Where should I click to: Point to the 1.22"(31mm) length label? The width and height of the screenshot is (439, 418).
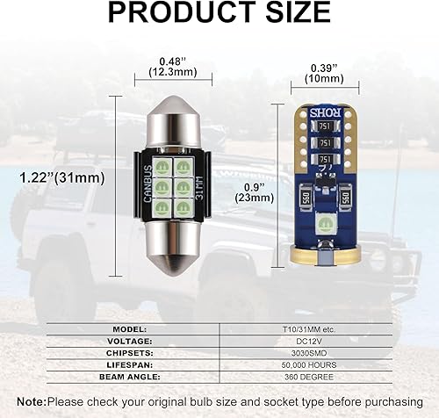tap(61, 177)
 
